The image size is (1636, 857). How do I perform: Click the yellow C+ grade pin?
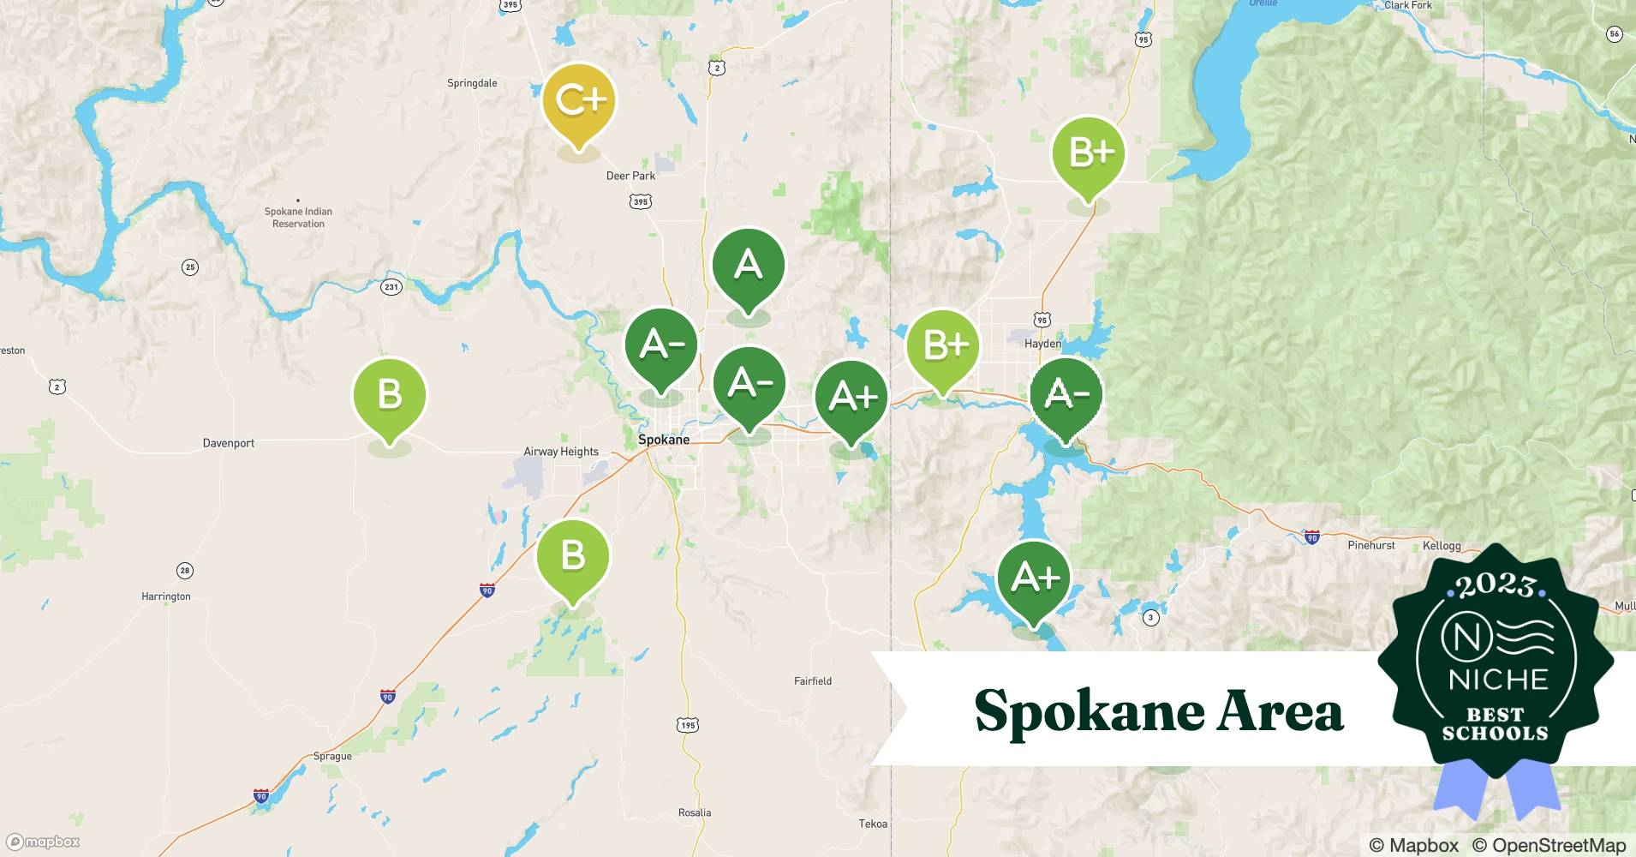click(x=579, y=101)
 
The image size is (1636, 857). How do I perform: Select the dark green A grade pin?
click(x=748, y=265)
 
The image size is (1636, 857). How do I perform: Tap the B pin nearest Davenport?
click(x=390, y=395)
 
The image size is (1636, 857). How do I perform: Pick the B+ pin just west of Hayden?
click(x=943, y=346)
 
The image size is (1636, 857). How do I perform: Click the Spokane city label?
click(x=664, y=440)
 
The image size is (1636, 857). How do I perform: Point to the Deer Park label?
click(x=630, y=176)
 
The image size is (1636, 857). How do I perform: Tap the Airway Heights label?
click(x=561, y=452)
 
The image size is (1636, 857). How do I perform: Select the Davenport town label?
click(x=229, y=443)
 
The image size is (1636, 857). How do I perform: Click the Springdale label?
click(x=472, y=83)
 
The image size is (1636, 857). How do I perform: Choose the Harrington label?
click(x=166, y=596)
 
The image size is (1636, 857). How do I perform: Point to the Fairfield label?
click(x=813, y=681)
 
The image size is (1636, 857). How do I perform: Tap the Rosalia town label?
click(x=695, y=812)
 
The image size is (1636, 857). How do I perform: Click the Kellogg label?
click(x=1442, y=546)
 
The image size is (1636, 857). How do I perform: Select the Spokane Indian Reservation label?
click(x=298, y=218)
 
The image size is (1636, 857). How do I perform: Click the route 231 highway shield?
click(x=391, y=287)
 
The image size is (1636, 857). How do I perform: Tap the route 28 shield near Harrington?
click(x=185, y=571)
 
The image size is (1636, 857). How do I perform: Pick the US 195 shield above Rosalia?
click(x=688, y=726)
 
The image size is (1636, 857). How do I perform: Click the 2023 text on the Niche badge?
click(x=1496, y=585)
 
